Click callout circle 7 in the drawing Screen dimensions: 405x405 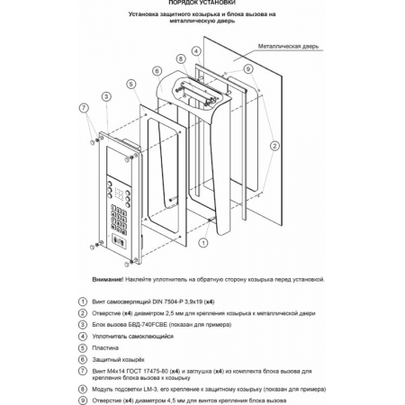[x=84, y=108]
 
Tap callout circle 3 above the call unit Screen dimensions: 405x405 [x=106, y=96]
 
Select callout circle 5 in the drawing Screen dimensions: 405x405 [x=131, y=84]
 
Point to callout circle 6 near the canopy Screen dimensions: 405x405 [x=157, y=71]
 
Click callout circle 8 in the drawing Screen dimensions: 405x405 [x=181, y=58]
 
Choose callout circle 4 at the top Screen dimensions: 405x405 [x=196, y=51]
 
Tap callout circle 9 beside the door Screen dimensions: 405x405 [x=248, y=69]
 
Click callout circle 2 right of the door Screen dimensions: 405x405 [x=274, y=146]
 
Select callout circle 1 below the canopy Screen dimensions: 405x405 [x=203, y=242]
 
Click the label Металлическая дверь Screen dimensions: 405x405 [x=288, y=46]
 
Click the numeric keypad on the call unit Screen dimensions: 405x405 [x=119, y=220]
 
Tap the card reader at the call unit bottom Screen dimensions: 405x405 [x=119, y=241]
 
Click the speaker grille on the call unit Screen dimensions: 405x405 [x=119, y=194]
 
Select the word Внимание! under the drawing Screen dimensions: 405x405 [x=108, y=279]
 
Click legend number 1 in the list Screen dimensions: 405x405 [x=83, y=301]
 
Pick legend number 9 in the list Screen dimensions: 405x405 [x=83, y=400]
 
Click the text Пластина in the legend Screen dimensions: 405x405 [x=105, y=348]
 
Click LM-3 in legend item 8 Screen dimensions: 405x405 [x=148, y=389]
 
